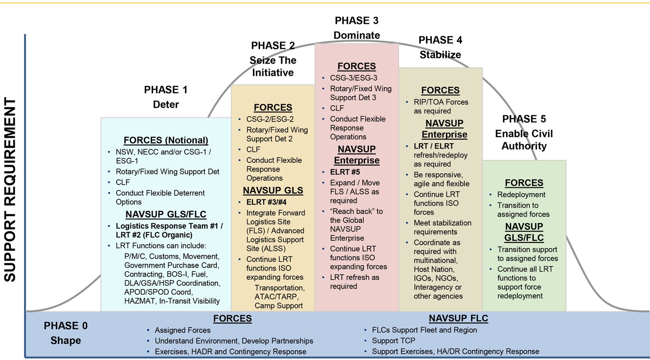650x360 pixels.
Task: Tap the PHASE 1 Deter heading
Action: click(x=166, y=97)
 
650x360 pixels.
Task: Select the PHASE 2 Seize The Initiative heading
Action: click(x=273, y=59)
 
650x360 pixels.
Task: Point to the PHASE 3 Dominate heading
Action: click(x=357, y=28)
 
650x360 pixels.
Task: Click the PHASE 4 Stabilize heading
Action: click(x=440, y=47)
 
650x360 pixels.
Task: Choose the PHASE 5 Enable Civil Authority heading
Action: click(x=524, y=132)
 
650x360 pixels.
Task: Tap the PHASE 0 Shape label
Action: click(x=65, y=333)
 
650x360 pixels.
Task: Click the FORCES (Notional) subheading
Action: click(x=166, y=140)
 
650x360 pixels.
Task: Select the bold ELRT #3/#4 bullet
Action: click(x=267, y=202)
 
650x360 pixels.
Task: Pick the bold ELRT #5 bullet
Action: click(x=345, y=172)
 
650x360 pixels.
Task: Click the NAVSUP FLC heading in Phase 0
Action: click(x=459, y=318)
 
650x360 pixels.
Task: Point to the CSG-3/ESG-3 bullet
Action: click(x=353, y=78)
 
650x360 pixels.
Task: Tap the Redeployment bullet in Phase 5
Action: click(x=521, y=194)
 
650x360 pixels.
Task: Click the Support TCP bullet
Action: click(x=391, y=341)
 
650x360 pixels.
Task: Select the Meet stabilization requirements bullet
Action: click(x=442, y=227)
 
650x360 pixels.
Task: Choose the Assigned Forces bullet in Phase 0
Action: click(x=183, y=330)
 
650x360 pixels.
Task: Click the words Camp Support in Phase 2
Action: click(x=278, y=306)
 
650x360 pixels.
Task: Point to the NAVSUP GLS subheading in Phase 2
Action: click(x=273, y=190)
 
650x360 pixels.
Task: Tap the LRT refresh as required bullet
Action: click(x=354, y=282)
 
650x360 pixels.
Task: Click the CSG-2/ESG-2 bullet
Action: click(x=270, y=119)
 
